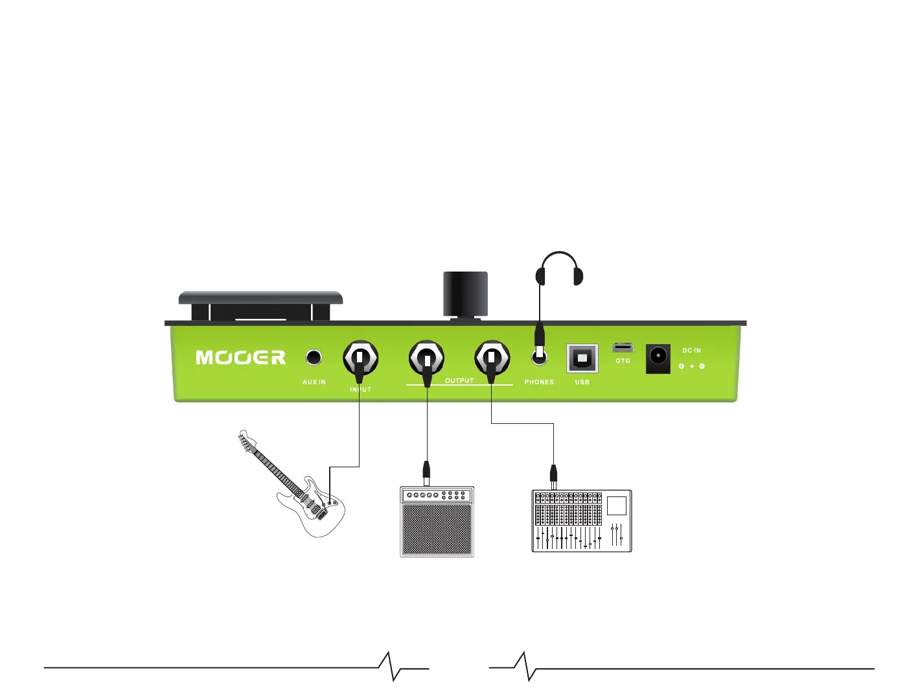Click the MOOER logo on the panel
click(x=240, y=358)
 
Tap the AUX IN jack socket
click(x=314, y=357)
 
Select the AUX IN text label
click(x=314, y=382)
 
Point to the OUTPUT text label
click(x=459, y=381)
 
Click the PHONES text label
click(x=539, y=382)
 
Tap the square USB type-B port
click(x=582, y=358)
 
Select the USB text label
click(x=582, y=382)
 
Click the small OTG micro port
click(x=623, y=348)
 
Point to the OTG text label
click(x=623, y=361)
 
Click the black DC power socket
click(x=658, y=358)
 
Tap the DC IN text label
click(x=691, y=351)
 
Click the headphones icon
click(x=559, y=269)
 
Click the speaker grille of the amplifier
click(x=437, y=529)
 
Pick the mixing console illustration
click(x=581, y=520)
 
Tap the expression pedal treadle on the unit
click(x=260, y=298)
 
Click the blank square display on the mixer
click(x=616, y=505)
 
